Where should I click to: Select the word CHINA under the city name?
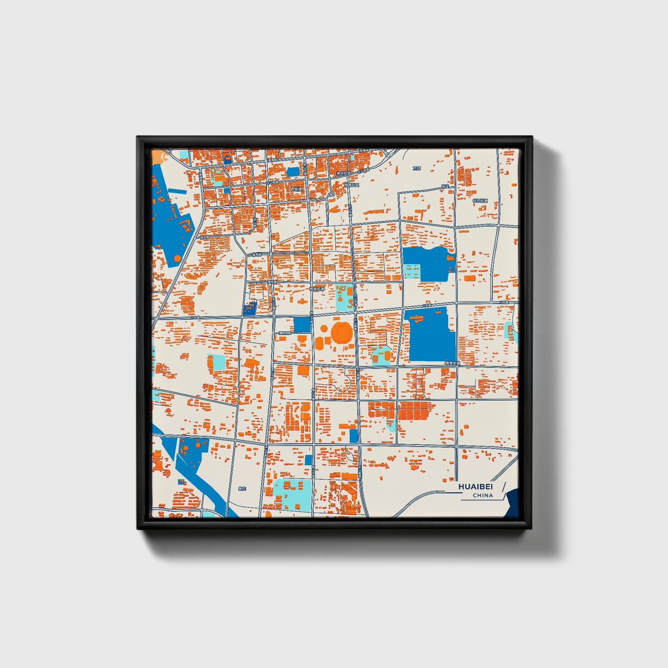[483, 495]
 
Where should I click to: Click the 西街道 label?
[296, 189]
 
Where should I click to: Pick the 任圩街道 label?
[480, 201]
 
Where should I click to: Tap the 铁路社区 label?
[352, 184]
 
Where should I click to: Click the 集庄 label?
[243, 489]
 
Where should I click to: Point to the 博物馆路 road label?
[285, 333]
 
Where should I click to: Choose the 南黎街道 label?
[453, 364]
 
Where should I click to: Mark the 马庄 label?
[445, 186]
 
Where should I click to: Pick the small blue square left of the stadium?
[302, 325]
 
